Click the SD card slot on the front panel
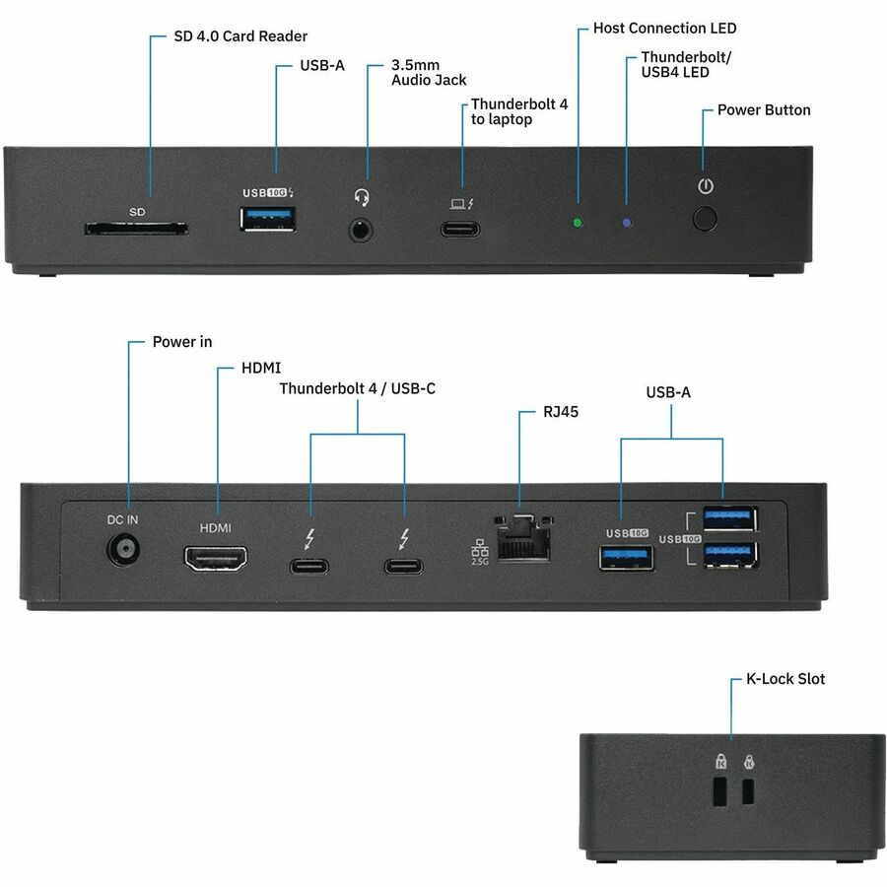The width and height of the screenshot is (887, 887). [x=136, y=229]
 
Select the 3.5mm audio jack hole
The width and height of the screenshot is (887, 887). [x=362, y=230]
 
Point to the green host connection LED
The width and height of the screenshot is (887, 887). [x=578, y=222]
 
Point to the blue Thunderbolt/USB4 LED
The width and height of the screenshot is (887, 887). [x=627, y=222]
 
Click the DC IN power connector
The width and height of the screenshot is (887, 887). [x=123, y=551]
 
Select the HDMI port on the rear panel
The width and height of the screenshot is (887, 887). [x=215, y=558]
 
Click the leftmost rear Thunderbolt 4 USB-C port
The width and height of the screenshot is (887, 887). [x=308, y=566]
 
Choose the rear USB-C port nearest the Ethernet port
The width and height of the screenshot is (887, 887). [x=404, y=566]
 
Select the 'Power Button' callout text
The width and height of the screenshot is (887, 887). [x=763, y=109]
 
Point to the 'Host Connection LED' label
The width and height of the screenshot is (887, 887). [x=664, y=29]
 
